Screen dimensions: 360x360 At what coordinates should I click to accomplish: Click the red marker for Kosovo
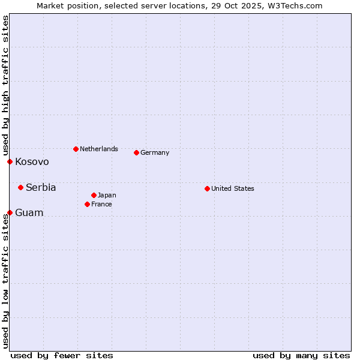click(10, 161)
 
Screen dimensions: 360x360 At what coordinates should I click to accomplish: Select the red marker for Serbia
click(20, 187)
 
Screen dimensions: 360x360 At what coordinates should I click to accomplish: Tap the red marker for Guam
click(10, 212)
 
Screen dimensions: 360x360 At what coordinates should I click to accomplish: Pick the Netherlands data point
click(76, 149)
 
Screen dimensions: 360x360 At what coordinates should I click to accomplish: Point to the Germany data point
click(136, 152)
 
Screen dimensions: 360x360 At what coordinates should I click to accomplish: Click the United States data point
click(207, 188)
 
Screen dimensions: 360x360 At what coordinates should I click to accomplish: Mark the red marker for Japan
click(94, 195)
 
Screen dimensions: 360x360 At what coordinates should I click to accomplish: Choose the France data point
click(87, 204)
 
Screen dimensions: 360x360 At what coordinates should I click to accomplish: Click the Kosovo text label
click(32, 161)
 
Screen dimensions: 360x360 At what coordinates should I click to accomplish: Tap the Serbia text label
click(41, 187)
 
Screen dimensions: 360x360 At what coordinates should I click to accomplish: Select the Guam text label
click(29, 212)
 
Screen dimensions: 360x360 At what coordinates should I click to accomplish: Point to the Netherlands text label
click(99, 149)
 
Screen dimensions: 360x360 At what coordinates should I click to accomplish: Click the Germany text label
click(155, 152)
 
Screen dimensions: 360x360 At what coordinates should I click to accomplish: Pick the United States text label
click(233, 188)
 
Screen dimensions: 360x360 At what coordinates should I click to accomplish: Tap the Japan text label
click(107, 195)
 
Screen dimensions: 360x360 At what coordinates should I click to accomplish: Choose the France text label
click(101, 204)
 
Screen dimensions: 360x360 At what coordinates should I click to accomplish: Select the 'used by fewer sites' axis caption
click(62, 355)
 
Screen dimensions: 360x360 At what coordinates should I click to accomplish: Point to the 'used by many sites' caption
click(301, 355)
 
